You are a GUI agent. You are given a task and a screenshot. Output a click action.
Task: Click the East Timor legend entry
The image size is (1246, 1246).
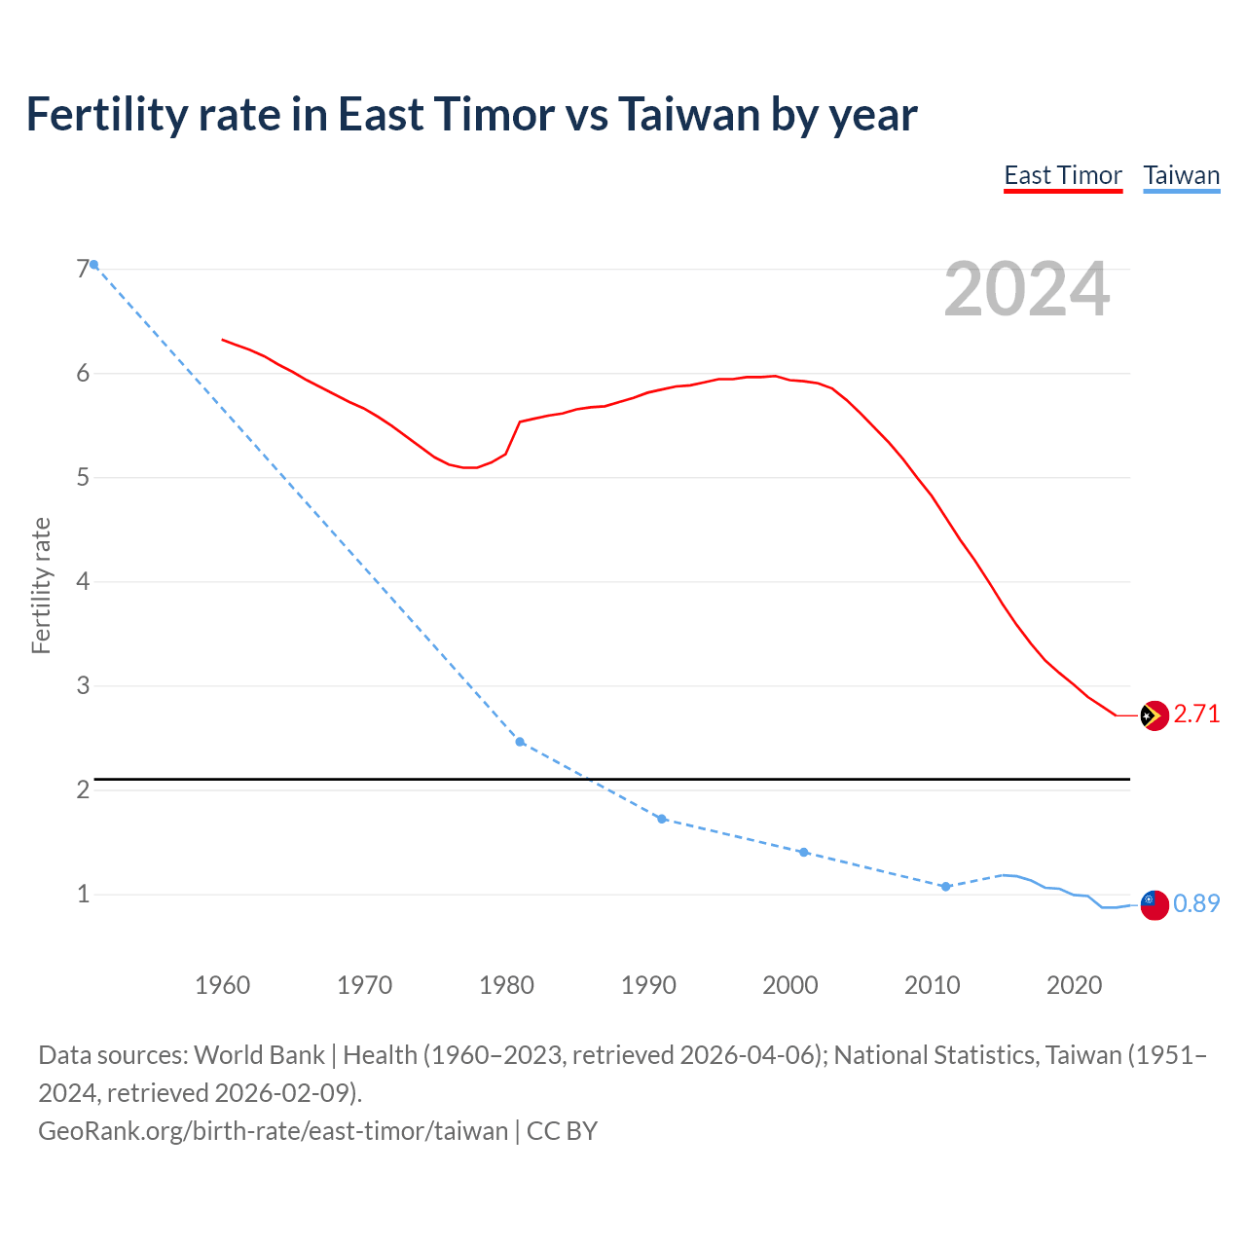[1063, 175]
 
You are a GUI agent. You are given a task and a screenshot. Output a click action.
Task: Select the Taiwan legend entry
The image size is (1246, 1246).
[1181, 175]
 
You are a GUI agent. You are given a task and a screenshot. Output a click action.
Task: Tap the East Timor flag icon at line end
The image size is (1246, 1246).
[1154, 715]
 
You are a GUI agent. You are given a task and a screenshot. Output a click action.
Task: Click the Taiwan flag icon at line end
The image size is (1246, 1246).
[1154, 904]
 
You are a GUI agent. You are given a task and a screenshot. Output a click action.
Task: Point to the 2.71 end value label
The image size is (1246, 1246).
[1196, 715]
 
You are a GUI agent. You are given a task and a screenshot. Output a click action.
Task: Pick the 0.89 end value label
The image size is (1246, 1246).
[1196, 904]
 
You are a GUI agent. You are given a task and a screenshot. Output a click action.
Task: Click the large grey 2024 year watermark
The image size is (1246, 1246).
[1026, 289]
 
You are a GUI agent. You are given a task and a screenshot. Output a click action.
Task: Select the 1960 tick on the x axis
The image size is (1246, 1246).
[222, 985]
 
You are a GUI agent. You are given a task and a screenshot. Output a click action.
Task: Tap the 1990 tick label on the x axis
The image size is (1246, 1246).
[648, 985]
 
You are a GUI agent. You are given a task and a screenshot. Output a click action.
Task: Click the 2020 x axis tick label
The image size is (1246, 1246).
[1074, 985]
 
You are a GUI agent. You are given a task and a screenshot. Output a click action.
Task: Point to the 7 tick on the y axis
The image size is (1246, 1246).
[83, 270]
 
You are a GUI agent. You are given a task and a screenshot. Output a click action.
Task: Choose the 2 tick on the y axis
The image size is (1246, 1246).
[83, 789]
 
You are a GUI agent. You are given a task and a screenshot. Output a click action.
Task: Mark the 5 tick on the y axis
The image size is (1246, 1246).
[83, 478]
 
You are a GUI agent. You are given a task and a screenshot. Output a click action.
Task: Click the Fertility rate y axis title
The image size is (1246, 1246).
[41, 586]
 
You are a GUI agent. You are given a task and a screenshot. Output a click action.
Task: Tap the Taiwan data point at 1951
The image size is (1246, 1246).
[93, 265]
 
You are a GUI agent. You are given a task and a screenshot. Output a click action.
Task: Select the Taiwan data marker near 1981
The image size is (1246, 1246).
[520, 742]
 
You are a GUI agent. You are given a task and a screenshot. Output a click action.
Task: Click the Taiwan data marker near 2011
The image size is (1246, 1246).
[945, 887]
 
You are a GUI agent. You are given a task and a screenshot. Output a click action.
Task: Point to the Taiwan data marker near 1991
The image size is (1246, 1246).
[662, 819]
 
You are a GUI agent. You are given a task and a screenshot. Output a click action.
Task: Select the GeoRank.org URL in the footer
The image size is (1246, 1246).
[273, 1131]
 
